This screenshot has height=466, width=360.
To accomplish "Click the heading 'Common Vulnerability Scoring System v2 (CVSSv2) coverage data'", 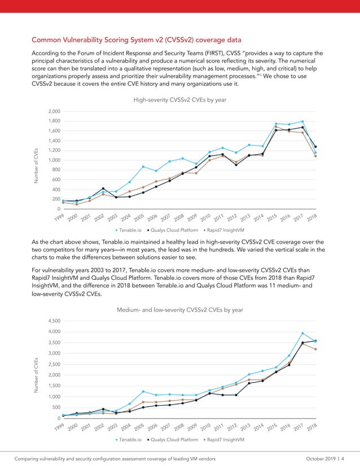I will pos(136,40).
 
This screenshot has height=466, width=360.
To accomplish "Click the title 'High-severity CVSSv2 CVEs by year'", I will pos(179,99).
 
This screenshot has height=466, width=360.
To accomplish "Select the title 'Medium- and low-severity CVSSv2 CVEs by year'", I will pos(179,310).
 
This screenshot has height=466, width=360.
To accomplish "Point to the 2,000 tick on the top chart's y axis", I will pos(54,111).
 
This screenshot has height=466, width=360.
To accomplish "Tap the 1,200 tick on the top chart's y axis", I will pos(54,150).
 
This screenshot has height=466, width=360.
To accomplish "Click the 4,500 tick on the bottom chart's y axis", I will pos(54,321).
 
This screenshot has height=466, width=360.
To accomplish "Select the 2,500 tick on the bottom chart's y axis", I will pos(54,364).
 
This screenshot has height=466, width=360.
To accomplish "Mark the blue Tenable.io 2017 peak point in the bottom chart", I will pos(302,333).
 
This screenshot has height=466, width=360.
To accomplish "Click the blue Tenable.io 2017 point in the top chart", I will pos(302,121).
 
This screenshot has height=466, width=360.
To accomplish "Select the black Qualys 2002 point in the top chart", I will pos(103,188).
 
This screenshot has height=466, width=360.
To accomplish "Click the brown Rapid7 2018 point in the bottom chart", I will pos(315,349).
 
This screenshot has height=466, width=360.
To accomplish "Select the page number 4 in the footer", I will pos(350,458).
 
